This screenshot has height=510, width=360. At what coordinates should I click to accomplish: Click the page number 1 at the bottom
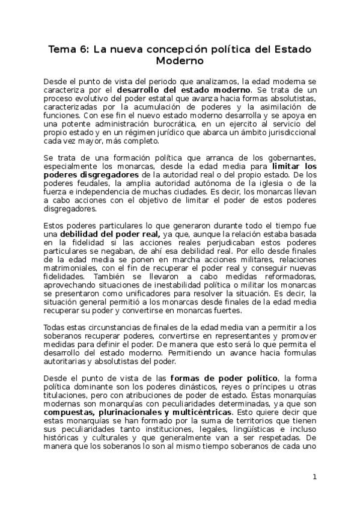314,477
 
